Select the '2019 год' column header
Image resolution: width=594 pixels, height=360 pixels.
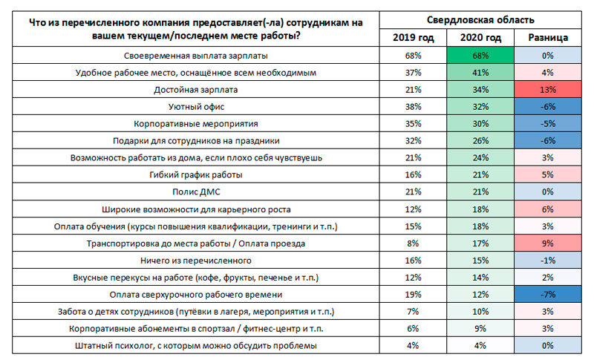point(414,37)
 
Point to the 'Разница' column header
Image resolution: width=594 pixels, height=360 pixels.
point(549,37)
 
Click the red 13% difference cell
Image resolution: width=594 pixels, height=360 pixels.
point(549,89)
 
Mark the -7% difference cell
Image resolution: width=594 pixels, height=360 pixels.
point(549,294)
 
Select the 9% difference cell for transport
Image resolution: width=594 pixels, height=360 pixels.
point(549,243)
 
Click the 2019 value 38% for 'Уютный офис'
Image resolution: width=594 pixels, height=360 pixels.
point(414,106)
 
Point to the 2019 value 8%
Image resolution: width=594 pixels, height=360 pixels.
point(414,243)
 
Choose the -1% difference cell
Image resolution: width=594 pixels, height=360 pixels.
point(549,260)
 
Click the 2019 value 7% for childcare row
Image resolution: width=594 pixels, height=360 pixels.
point(414,311)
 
